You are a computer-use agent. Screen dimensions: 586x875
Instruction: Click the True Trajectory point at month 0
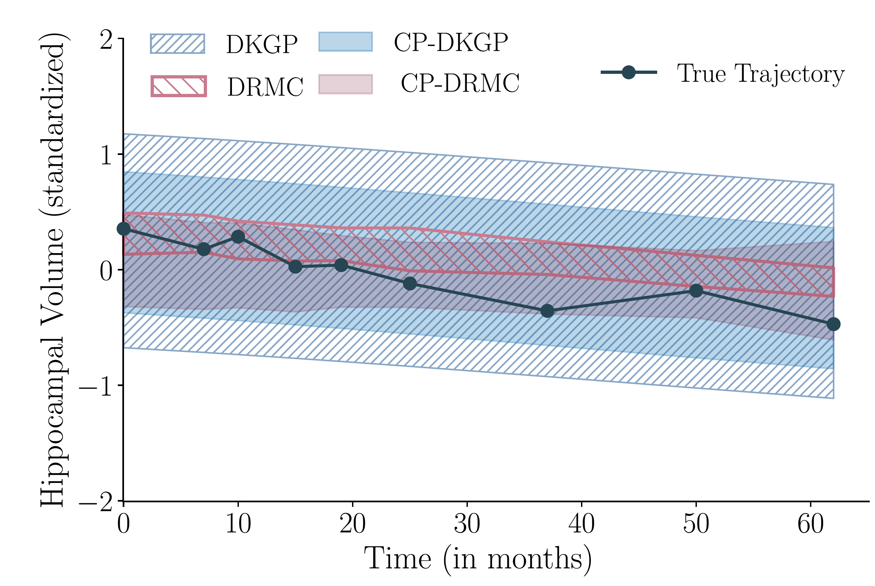[124, 229]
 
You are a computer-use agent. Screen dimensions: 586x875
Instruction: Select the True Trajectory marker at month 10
[238, 237]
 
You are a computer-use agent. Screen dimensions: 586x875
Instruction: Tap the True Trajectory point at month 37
[547, 311]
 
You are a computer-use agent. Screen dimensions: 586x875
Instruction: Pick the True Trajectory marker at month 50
[696, 291]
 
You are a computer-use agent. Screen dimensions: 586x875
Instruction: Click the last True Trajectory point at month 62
[834, 324]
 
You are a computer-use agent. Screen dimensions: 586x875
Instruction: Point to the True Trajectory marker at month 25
[410, 283]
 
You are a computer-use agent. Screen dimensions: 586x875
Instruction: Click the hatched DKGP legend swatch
[177, 44]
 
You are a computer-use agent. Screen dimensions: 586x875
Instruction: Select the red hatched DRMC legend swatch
[178, 86]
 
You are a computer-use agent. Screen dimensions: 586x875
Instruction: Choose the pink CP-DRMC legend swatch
[345, 84]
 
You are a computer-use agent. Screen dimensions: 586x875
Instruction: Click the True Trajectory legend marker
[629, 72]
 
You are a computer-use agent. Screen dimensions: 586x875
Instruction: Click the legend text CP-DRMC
[460, 83]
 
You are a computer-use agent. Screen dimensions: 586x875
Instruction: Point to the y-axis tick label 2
[106, 40]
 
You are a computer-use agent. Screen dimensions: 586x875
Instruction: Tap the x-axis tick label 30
[467, 524]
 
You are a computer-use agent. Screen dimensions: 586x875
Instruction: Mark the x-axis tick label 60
[810, 524]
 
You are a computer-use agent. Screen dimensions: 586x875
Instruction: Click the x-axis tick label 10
[238, 524]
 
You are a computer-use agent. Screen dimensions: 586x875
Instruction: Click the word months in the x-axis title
[535, 559]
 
